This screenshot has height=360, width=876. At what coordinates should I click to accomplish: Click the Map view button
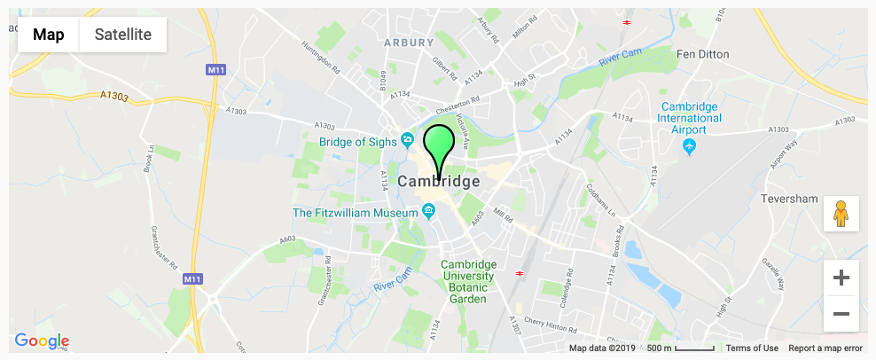[x=49, y=35]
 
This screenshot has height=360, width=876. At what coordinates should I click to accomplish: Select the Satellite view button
[x=123, y=35]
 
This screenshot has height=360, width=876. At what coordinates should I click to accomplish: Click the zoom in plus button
[x=841, y=278]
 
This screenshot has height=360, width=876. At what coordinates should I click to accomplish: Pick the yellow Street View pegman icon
[x=841, y=214]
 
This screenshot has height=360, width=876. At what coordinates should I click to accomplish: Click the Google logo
[x=42, y=340]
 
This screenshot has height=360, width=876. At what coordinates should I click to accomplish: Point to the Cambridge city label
[x=439, y=181]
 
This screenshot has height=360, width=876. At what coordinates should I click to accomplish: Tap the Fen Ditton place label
[x=702, y=54]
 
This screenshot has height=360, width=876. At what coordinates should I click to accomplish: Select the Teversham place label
[x=789, y=199]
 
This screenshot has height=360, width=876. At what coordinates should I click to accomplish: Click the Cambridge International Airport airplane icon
[x=691, y=146]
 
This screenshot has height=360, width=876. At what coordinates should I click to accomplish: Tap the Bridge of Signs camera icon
[x=407, y=139]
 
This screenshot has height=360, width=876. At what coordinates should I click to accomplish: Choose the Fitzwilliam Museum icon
[x=428, y=211]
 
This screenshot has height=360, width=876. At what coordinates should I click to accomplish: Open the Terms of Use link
[x=752, y=348]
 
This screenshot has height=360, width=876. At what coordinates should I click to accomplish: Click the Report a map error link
[x=825, y=348]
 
